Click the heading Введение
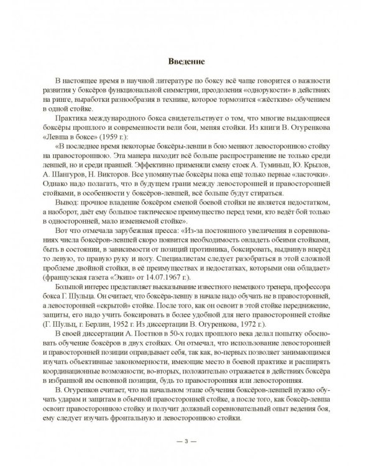(x=186, y=60)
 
